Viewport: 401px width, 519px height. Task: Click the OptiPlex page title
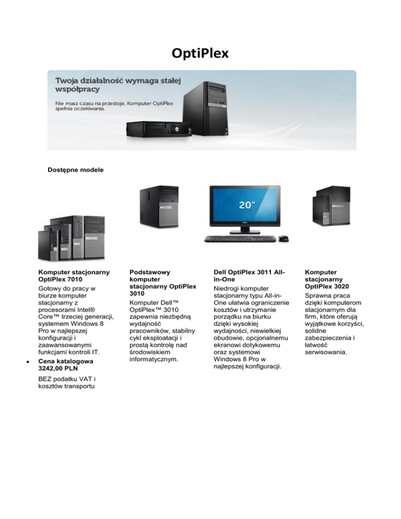click(x=200, y=54)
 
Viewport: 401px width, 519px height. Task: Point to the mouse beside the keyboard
click(x=283, y=239)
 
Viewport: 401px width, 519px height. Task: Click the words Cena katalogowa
click(x=66, y=360)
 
